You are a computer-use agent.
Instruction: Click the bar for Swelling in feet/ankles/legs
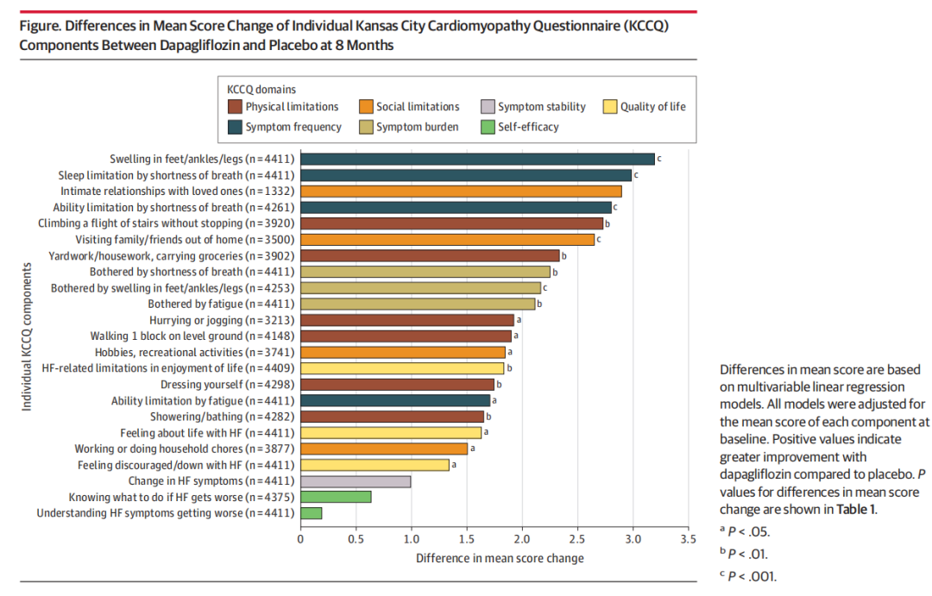point(477,159)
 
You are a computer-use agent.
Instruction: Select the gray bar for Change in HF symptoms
point(356,481)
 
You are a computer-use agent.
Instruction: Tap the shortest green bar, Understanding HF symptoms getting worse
point(311,513)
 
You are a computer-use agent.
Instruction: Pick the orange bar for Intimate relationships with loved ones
point(461,191)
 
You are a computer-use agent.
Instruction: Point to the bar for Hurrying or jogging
point(406,320)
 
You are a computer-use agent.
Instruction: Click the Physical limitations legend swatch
point(234,107)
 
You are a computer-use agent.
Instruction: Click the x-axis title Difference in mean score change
point(500,558)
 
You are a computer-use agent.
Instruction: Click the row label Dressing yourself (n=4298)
point(228,385)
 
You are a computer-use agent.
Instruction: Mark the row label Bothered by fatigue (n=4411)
point(222,304)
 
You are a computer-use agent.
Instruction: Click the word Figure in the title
point(39,26)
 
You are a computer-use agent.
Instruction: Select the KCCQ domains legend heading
point(261,89)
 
